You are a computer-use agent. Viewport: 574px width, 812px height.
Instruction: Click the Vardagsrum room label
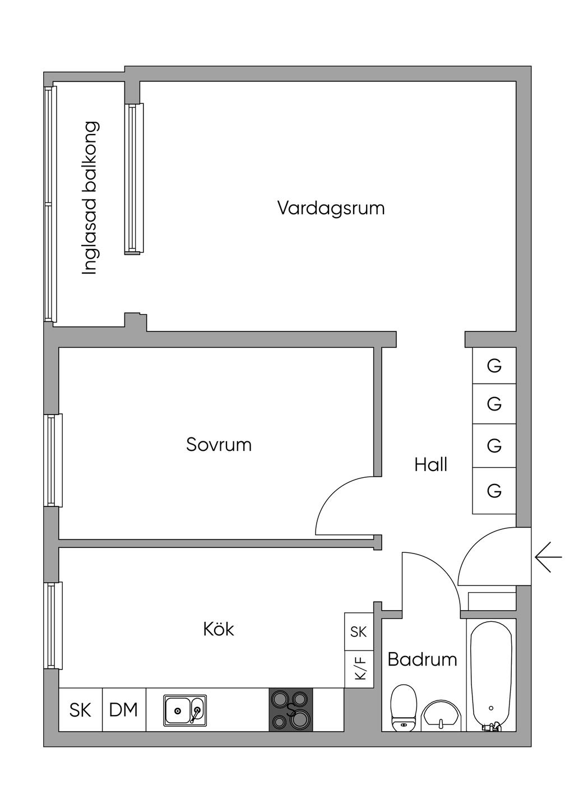[x=331, y=209]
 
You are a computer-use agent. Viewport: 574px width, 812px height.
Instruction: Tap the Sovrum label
[x=219, y=445]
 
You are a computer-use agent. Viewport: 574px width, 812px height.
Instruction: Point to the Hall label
[x=430, y=464]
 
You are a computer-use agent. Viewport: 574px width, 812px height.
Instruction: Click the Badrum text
[x=422, y=659]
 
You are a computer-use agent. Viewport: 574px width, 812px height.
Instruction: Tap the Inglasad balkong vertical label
[x=90, y=198]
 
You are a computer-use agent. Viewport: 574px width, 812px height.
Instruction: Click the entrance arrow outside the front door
[x=548, y=557]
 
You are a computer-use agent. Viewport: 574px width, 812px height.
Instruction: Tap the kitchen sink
[x=185, y=710]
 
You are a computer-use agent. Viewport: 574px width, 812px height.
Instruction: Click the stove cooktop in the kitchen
[x=290, y=709]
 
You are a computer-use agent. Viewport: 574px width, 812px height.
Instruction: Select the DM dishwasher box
[x=124, y=709]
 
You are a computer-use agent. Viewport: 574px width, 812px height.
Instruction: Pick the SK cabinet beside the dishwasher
[x=81, y=709]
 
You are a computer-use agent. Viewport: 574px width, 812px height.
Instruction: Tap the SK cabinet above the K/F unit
[x=359, y=632]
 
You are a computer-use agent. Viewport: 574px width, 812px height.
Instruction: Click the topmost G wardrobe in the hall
[x=494, y=366]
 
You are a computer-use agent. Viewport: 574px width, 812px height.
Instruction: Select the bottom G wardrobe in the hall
[x=494, y=491]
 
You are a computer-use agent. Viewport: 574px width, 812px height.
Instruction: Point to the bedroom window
[x=53, y=460]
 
